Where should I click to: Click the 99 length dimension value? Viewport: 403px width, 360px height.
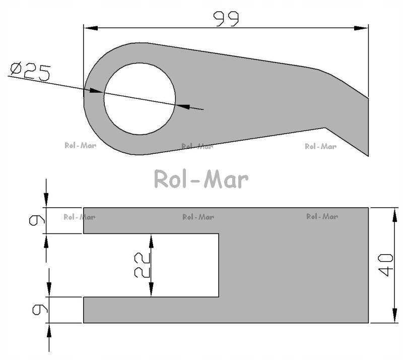coord(226,19)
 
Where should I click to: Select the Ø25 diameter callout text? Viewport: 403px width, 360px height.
coord(30,72)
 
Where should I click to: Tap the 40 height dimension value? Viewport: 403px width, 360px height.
coord(385,265)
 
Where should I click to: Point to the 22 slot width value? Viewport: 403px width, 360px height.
coord(142,265)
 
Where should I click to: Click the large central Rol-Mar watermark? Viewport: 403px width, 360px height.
coord(201,179)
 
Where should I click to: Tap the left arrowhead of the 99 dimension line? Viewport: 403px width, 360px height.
coord(91,28)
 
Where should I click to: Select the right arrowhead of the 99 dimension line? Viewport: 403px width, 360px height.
coord(361,28)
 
